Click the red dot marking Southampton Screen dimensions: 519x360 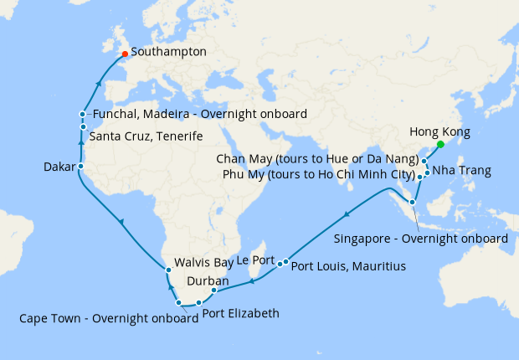(125, 54)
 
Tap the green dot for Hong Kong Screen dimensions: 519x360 (440, 144)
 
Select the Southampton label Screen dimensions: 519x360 (169, 52)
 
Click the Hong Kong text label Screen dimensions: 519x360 (439, 131)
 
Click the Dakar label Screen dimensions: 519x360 (59, 167)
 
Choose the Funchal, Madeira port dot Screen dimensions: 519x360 (82, 114)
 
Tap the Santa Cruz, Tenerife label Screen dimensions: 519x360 (145, 136)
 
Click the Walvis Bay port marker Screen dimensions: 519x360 (168, 270)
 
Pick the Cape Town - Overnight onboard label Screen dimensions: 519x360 (104, 318)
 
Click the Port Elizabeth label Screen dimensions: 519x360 (240, 314)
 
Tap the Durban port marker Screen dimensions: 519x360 (213, 291)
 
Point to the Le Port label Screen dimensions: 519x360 (255, 260)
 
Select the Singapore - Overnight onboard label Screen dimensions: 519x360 (420, 239)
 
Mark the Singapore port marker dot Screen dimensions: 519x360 (413, 202)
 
